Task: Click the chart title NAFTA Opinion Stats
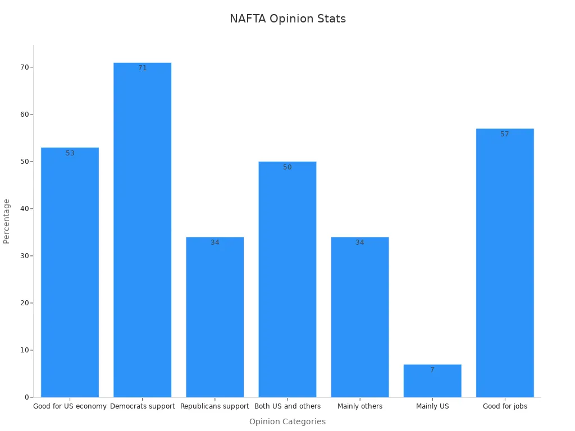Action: tap(287, 19)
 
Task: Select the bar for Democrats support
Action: tap(142, 230)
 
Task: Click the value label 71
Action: tap(143, 68)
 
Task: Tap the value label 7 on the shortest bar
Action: tap(432, 370)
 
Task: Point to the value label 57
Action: tap(505, 134)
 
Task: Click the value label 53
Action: tap(70, 153)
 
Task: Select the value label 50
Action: tap(287, 167)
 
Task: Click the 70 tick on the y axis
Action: tap(25, 67)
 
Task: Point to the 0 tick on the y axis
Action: tap(26, 397)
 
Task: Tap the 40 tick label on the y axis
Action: tap(25, 209)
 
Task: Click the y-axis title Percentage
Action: tap(7, 221)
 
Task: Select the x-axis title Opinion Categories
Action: tap(287, 421)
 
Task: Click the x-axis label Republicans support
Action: tap(215, 406)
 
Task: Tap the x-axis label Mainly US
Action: tap(432, 406)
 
